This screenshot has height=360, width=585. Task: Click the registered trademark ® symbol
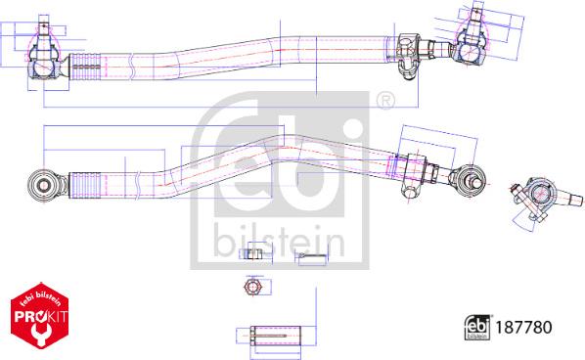[384, 101]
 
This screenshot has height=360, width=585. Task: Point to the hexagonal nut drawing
[250, 288]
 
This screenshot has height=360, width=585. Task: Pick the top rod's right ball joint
[470, 44]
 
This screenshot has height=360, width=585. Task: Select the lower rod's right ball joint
[468, 177]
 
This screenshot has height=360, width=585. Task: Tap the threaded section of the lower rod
[88, 183]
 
